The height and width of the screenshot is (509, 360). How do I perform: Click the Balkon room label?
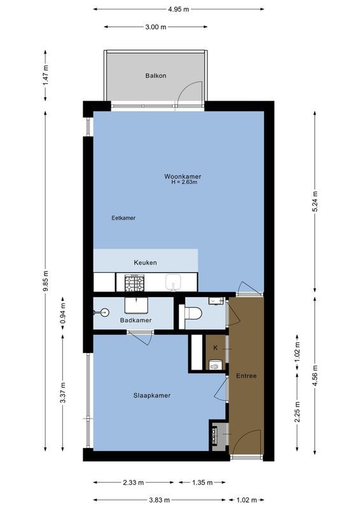point(156,76)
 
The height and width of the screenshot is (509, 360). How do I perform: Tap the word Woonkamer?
point(178,176)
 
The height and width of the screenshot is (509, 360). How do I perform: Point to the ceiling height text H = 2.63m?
point(184,183)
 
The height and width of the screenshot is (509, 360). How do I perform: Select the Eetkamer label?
point(123,218)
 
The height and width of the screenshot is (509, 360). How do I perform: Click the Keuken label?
point(145,262)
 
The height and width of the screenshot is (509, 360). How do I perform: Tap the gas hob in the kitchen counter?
point(134,281)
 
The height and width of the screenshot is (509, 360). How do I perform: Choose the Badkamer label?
point(135,320)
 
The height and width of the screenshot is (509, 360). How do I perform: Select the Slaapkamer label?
point(152,395)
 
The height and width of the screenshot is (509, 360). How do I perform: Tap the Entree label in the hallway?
point(246,376)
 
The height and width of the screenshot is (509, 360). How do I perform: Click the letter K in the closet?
point(215,348)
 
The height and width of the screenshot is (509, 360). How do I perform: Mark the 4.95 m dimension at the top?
point(179,10)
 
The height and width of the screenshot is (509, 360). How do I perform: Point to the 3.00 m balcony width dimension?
point(155,27)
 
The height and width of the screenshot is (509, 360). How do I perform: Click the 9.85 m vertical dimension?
point(45,280)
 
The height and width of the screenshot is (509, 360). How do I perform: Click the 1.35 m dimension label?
point(202,482)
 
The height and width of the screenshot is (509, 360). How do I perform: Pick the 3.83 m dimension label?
point(160,500)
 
